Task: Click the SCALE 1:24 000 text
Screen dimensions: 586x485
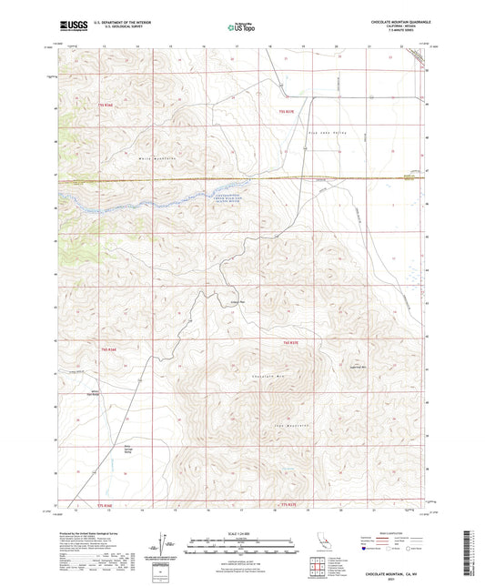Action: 242,531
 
